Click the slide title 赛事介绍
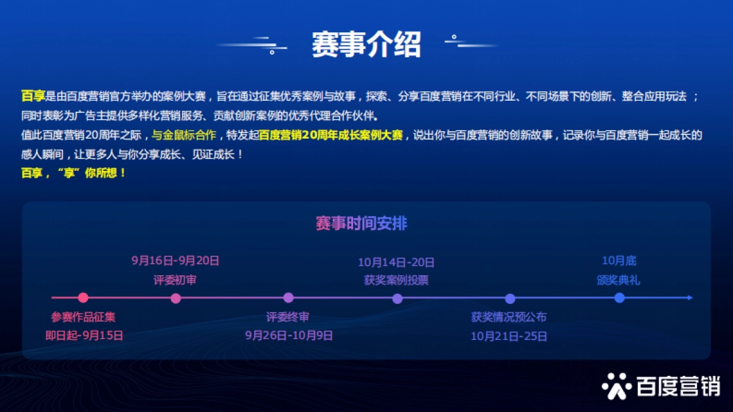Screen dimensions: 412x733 click(366, 44)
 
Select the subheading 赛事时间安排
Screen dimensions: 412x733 click(361, 223)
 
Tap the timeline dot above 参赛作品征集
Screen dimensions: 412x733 click(83, 298)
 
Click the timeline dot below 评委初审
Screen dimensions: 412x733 click(176, 298)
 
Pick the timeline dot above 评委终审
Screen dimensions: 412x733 click(288, 298)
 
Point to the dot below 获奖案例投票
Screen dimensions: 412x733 click(397, 298)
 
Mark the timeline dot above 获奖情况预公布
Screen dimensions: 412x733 click(510, 298)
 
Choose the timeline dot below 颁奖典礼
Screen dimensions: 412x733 click(619, 298)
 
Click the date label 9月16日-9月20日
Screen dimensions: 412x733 click(175, 261)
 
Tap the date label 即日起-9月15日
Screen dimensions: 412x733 click(84, 335)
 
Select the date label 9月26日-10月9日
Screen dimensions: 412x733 click(288, 335)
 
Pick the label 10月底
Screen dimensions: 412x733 click(619, 261)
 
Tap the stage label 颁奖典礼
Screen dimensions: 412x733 click(619, 280)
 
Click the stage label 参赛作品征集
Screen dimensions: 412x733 click(83, 317)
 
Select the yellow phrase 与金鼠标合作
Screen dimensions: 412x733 click(183, 136)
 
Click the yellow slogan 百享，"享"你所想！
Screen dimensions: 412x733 click(73, 173)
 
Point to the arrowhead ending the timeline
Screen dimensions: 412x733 click(690, 298)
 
